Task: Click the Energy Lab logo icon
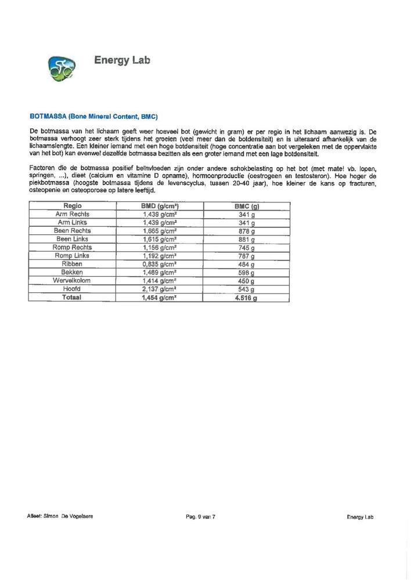(x=60, y=68)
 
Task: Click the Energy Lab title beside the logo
(x=122, y=60)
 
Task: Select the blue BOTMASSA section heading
(x=93, y=117)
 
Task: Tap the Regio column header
(x=73, y=206)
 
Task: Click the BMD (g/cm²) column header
(x=159, y=206)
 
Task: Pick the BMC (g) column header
(x=247, y=206)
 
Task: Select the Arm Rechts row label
(x=73, y=214)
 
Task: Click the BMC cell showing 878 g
(x=247, y=231)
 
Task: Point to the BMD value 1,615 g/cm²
(x=159, y=239)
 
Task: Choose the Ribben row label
(x=73, y=264)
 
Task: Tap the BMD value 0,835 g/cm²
(x=159, y=264)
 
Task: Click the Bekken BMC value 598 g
(x=247, y=273)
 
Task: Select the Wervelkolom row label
(x=73, y=281)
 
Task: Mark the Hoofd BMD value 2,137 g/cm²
(x=159, y=289)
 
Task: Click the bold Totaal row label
(x=73, y=297)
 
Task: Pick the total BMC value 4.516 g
(x=246, y=298)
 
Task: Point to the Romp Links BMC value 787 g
(x=247, y=256)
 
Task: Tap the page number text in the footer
(x=200, y=516)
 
